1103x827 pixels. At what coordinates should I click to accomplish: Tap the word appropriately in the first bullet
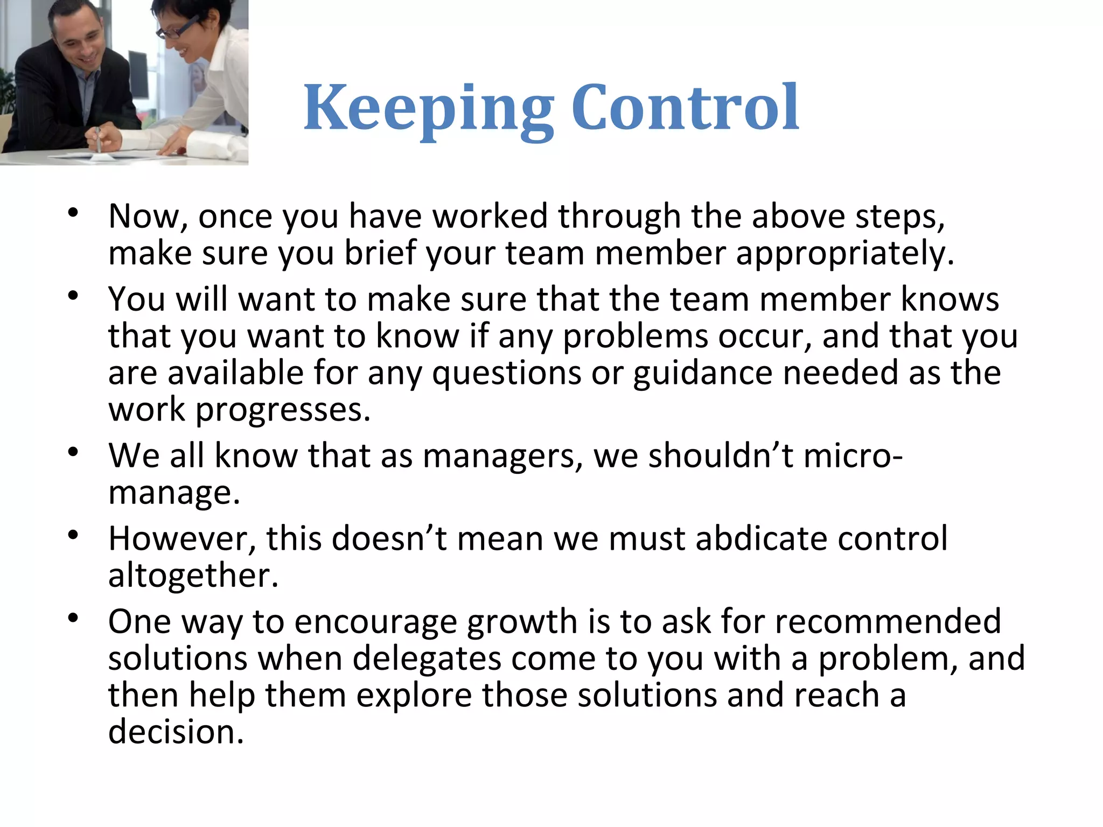click(844, 253)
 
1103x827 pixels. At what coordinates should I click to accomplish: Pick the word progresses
click(282, 410)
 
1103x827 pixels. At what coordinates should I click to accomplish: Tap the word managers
click(502, 456)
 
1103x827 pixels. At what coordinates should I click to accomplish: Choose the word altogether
click(193, 576)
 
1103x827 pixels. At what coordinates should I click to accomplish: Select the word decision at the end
click(176, 732)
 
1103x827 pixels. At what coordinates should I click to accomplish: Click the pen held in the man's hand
click(98, 139)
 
